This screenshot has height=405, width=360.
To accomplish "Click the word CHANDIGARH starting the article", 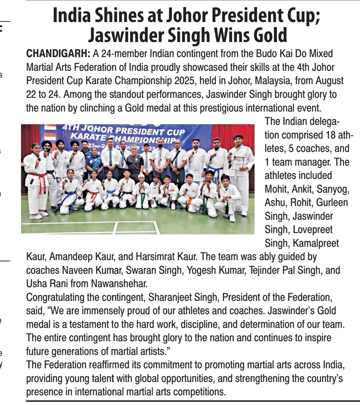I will (58, 54).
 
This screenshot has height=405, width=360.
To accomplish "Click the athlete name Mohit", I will (277, 189).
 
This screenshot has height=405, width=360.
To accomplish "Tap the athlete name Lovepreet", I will (313, 230).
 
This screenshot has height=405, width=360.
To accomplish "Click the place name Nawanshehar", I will (119, 284).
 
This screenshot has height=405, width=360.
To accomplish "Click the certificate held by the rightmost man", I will (238, 163).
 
